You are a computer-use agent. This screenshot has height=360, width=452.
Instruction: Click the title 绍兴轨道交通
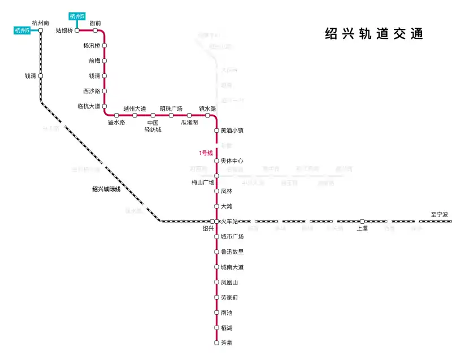(x=374, y=33)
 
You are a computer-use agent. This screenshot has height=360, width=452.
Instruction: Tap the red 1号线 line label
(x=205, y=153)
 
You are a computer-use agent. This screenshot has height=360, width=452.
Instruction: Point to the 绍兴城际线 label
(x=106, y=189)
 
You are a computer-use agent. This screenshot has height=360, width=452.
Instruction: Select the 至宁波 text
(x=439, y=215)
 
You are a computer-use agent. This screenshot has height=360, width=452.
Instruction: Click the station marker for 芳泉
(x=216, y=342)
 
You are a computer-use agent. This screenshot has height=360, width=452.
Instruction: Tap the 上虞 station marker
(x=362, y=222)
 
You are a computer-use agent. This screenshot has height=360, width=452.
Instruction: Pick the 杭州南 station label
(x=41, y=23)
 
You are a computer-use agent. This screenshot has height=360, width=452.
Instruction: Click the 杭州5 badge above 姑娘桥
(x=77, y=16)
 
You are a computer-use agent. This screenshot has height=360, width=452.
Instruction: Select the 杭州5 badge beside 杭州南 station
(x=22, y=31)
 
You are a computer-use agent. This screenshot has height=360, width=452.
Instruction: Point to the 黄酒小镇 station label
(x=232, y=131)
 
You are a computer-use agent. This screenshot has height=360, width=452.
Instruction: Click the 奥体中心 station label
(x=232, y=161)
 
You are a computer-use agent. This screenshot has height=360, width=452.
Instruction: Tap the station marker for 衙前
(x=95, y=31)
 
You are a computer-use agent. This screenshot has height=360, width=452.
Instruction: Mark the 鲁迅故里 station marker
(x=216, y=251)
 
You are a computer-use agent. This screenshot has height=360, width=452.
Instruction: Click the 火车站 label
(x=229, y=222)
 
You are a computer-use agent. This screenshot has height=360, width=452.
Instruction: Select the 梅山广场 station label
(x=203, y=183)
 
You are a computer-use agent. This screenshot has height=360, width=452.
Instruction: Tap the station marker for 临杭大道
(x=105, y=106)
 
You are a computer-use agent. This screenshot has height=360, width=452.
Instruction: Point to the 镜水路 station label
(x=207, y=109)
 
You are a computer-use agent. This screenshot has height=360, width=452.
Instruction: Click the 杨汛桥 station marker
(x=105, y=45)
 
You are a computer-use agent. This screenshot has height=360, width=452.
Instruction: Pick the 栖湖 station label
(x=227, y=328)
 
